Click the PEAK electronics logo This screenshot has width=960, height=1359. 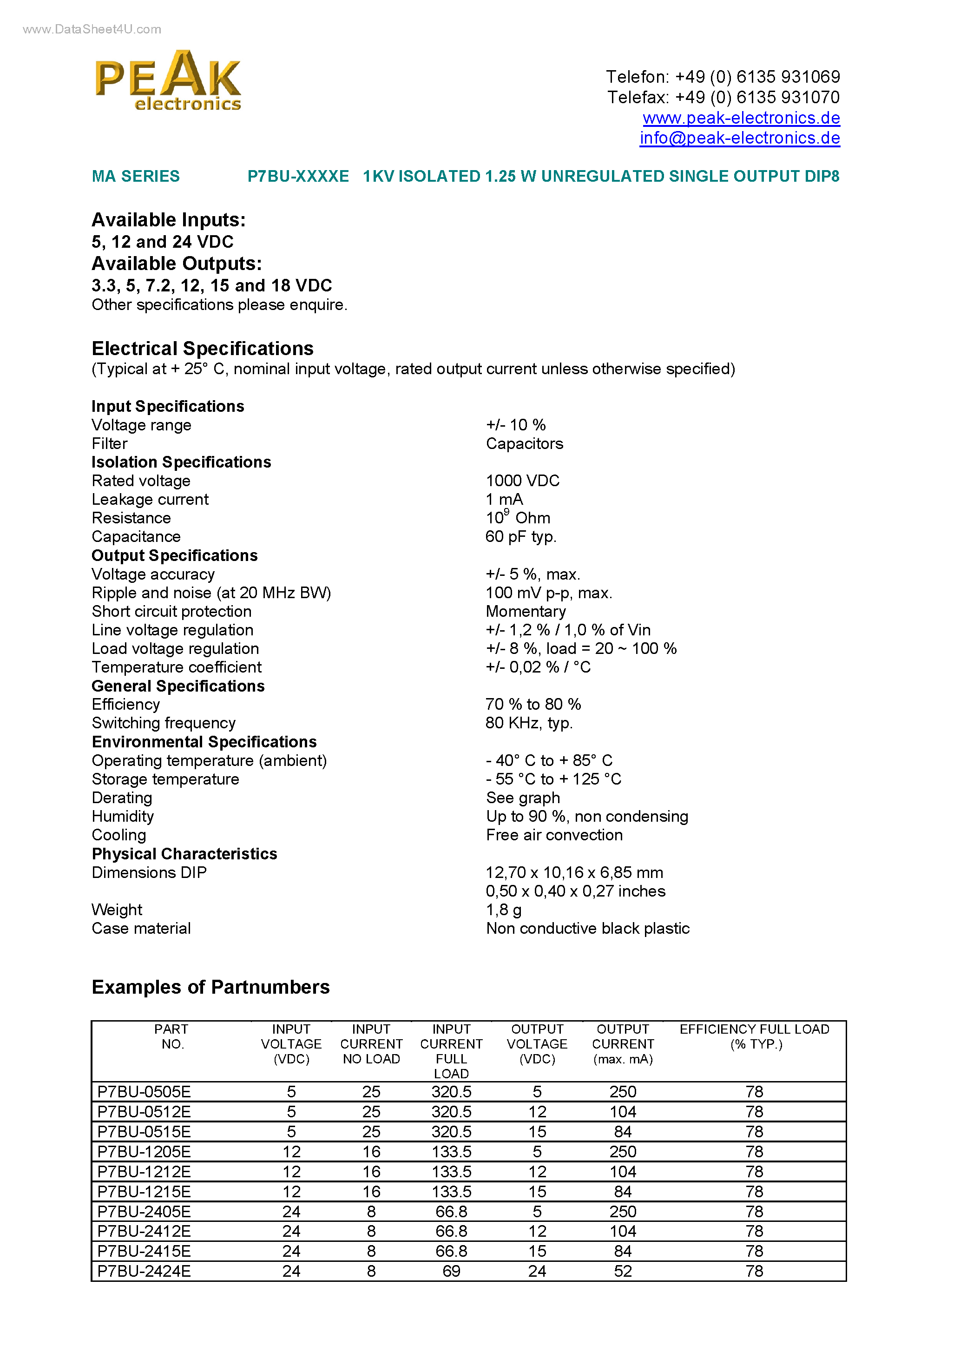tap(168, 81)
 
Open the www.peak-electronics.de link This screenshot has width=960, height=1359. tap(741, 118)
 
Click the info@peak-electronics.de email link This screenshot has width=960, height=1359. tap(739, 138)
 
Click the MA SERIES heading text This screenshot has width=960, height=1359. tap(136, 177)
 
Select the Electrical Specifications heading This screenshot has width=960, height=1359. tap(203, 348)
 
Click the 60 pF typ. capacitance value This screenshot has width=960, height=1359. tap(520, 536)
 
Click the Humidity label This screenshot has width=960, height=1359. tap(123, 816)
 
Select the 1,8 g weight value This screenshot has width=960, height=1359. tap(503, 910)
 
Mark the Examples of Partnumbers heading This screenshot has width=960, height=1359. tap(210, 987)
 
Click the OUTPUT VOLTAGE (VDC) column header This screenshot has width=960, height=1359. tap(537, 1044)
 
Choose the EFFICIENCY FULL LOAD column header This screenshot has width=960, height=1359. tap(754, 1036)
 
